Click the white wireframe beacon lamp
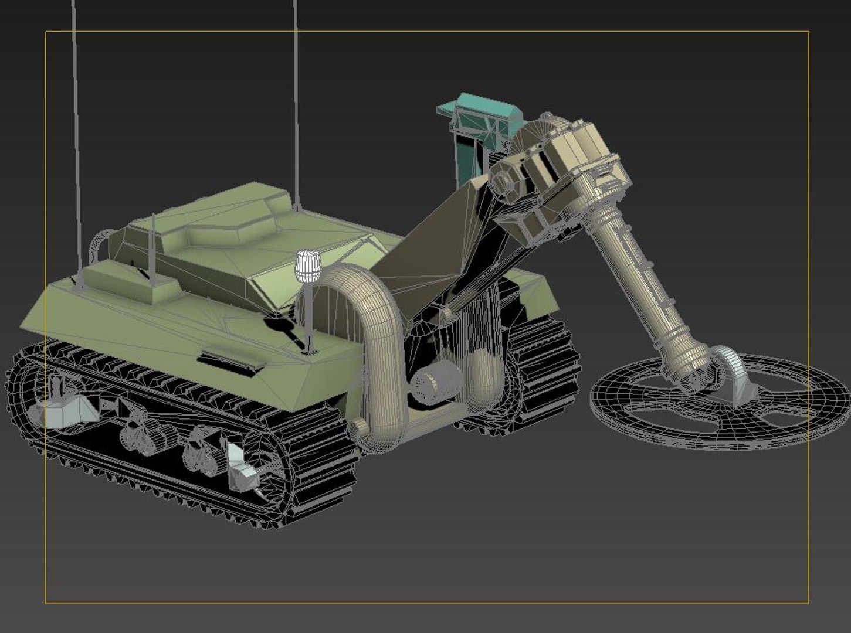click(x=307, y=266)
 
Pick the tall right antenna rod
click(x=296, y=105)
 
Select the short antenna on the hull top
click(x=152, y=246)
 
